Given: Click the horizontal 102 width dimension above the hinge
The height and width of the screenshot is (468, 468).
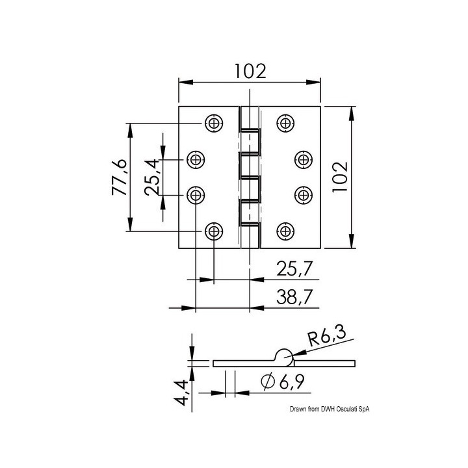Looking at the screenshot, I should click(x=250, y=71).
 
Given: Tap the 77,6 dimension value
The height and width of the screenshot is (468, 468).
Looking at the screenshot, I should click(x=118, y=176).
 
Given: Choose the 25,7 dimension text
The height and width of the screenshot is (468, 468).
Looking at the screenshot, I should click(x=291, y=268).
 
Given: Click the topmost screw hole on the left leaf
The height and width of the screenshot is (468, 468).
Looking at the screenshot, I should click(x=213, y=122).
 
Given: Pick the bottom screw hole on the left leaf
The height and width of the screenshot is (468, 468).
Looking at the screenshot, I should click(x=213, y=230).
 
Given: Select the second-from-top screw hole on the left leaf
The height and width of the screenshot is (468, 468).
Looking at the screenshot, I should click(x=196, y=159).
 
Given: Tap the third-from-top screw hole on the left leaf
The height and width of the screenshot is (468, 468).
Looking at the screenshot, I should click(x=196, y=194).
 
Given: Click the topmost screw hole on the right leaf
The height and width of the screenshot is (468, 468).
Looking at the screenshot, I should click(x=285, y=122).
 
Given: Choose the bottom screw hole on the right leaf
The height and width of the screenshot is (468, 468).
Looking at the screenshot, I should click(x=285, y=230).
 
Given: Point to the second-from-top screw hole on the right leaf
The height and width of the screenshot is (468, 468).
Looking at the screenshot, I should click(x=303, y=159).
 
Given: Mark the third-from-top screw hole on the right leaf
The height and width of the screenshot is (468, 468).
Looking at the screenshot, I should click(x=303, y=194).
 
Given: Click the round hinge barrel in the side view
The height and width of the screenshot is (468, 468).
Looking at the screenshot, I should click(x=284, y=355).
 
